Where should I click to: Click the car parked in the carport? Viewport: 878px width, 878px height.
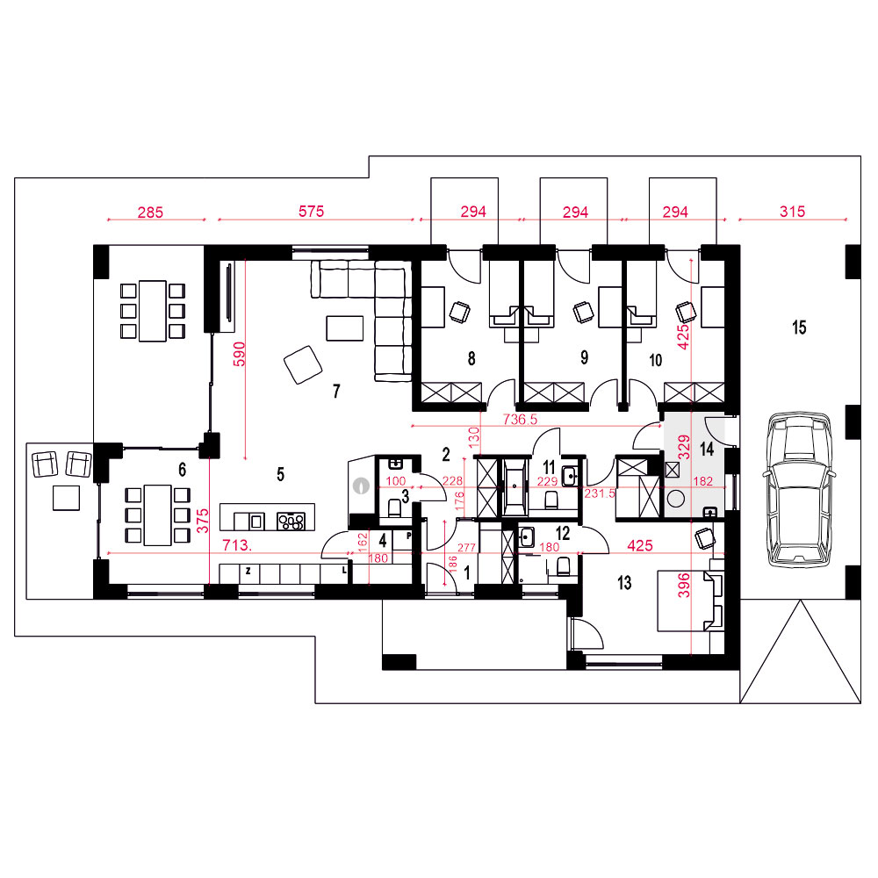tap(798, 490)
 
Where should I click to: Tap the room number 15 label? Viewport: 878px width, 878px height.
tap(799, 327)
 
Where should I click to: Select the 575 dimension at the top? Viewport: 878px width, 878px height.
tap(312, 211)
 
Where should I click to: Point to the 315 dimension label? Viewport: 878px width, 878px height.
tap(792, 212)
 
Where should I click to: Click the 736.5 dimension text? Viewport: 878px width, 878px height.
tap(520, 419)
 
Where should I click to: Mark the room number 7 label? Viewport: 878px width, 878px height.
tap(336, 391)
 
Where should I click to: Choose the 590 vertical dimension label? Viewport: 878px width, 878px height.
tap(239, 354)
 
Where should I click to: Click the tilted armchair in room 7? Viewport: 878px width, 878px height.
tap(303, 364)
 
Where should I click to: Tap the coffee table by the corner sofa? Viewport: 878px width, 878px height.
tap(345, 328)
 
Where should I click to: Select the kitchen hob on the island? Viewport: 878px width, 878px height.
tap(291, 522)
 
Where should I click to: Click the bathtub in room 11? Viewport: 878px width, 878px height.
tap(515, 487)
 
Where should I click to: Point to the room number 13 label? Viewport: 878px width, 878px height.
tap(624, 583)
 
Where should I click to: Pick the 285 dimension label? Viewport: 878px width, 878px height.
tap(151, 212)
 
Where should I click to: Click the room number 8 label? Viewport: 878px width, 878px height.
tap(471, 358)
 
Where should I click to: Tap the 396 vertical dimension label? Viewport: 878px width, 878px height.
tap(684, 586)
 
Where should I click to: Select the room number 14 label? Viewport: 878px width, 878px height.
tap(707, 449)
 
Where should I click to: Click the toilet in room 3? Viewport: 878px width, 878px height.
tap(395, 507)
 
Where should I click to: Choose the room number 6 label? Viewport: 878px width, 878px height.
tap(182, 469)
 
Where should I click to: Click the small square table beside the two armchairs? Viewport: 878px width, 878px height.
tap(66, 498)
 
